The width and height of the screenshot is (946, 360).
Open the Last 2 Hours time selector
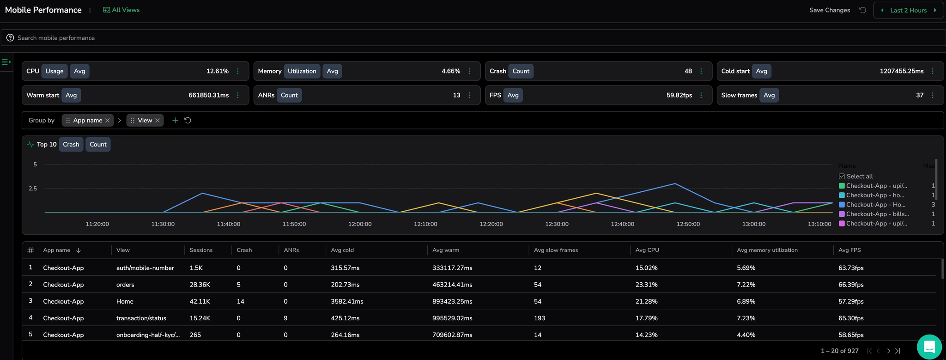pos(908,10)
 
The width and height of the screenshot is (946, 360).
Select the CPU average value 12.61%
pos(217,71)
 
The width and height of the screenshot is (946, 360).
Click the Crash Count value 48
pos(688,71)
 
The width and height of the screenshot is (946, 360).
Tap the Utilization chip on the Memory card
pos(302,71)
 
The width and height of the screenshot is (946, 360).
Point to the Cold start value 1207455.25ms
pos(901,71)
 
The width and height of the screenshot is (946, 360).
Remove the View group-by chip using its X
pos(158,121)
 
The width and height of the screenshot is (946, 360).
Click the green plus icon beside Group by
pos(175,121)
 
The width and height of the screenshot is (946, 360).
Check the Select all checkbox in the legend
pos(842,177)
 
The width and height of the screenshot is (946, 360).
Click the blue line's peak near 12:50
pos(675,183)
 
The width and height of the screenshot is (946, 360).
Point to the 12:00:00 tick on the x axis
pos(359,224)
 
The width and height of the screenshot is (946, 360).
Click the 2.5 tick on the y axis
pos(33,189)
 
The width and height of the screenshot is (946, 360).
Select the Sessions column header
pos(201,250)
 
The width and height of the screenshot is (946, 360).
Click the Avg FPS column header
pos(849,250)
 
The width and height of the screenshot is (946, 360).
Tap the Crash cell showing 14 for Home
pos(240,301)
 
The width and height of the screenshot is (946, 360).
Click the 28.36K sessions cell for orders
pos(200,285)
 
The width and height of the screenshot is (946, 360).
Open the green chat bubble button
pos(929,347)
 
